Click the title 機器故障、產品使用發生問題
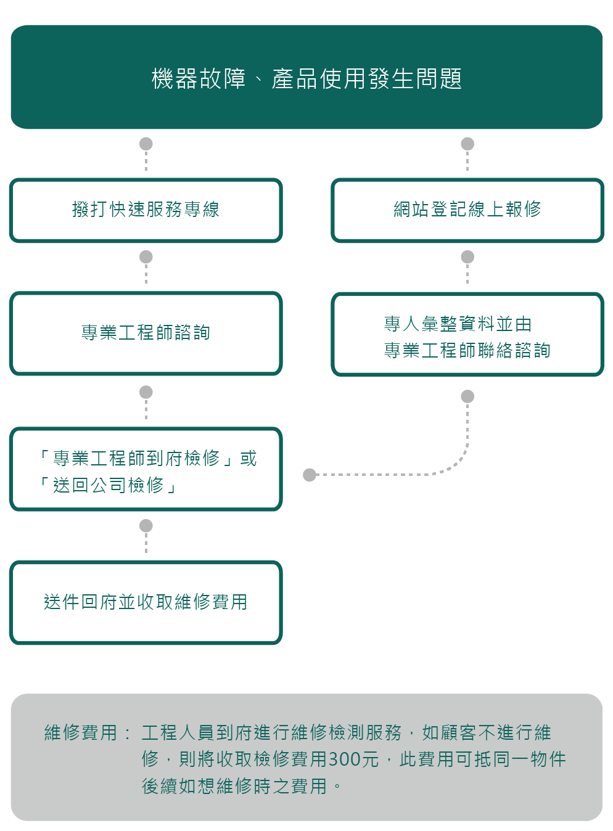306,79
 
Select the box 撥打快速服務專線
146,210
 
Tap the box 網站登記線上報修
467,210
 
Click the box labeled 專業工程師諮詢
146,333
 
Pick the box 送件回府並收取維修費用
146,602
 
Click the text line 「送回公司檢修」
108,486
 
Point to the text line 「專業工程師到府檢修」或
147,458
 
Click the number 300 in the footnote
344,759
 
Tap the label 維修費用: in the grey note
86,732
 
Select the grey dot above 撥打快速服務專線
146,144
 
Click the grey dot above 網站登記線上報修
467,144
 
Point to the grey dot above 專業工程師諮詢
146,256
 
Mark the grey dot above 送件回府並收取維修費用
146,526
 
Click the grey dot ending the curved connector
310,475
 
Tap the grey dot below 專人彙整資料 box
467,396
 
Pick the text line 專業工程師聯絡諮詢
467,350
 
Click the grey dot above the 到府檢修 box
146,392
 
